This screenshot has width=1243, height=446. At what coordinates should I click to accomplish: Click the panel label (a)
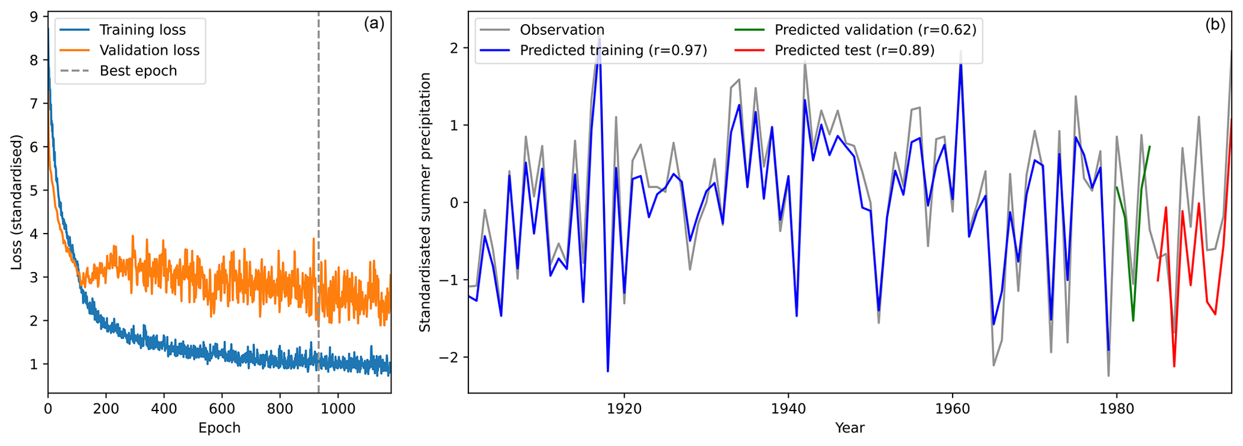point(373,23)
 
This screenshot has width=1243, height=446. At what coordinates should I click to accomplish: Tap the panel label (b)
point(1215,25)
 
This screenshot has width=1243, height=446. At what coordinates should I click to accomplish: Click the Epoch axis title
point(219,428)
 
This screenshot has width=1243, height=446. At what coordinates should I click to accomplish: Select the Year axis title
point(850,428)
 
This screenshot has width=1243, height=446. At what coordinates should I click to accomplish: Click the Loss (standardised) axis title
point(17,202)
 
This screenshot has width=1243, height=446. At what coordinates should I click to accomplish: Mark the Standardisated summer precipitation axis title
point(425,202)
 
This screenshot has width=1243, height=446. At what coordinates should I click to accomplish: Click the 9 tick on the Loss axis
point(34,17)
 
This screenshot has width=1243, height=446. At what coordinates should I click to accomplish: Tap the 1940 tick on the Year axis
point(788,408)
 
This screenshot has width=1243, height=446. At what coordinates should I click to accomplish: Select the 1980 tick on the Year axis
point(1117,408)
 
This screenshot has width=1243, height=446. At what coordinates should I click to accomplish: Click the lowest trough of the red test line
point(1174,366)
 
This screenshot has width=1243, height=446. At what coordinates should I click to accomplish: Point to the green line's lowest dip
point(1133,320)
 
